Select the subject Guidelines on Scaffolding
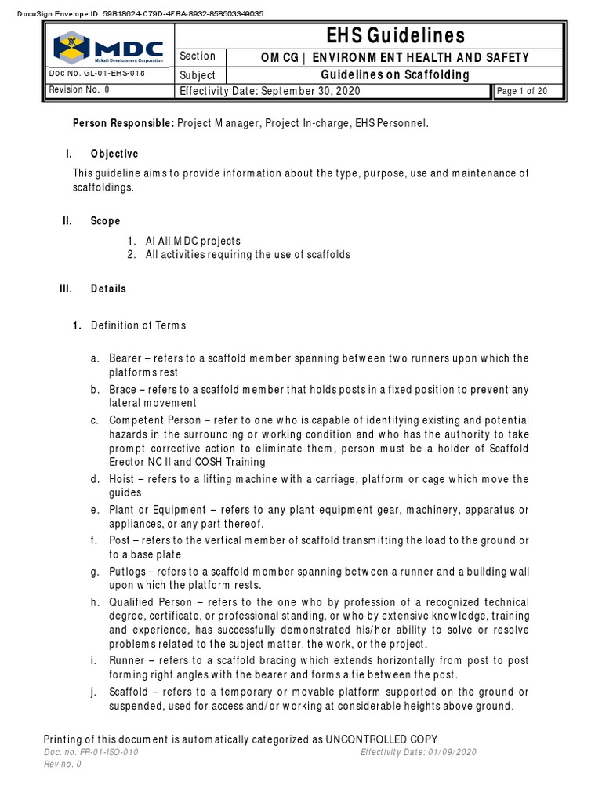click(396, 75)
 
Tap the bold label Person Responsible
click(123, 124)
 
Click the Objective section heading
click(114, 154)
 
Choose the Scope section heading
click(105, 222)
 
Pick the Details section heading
click(108, 289)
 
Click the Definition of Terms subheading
click(138, 325)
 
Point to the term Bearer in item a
click(125, 358)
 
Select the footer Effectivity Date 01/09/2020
click(418, 752)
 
